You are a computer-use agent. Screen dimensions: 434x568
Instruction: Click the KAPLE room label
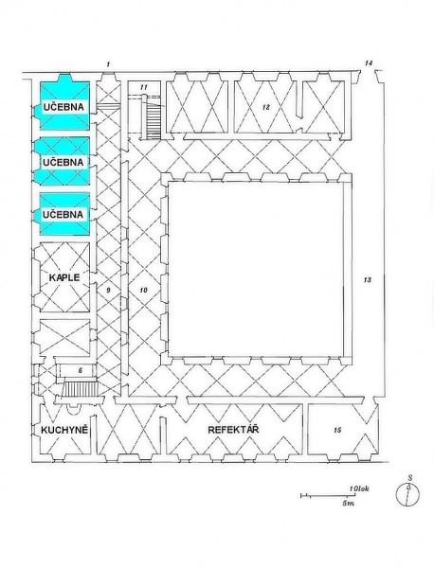click(x=64, y=277)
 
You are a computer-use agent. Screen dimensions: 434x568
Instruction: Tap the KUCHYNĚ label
click(x=64, y=430)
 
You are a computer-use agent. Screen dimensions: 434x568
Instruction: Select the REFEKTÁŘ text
click(x=233, y=430)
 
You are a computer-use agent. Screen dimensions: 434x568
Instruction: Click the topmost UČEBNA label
click(x=63, y=107)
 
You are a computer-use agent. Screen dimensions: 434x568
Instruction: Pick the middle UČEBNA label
click(x=63, y=162)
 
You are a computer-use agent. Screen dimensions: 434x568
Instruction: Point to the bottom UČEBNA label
click(x=63, y=215)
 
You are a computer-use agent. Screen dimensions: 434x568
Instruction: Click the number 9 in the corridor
click(x=108, y=290)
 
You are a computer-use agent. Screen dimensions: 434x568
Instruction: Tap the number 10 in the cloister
click(x=144, y=290)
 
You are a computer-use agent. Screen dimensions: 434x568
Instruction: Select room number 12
click(x=266, y=107)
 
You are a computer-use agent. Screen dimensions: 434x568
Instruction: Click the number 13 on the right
click(x=368, y=279)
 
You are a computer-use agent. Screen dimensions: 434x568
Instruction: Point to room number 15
click(x=337, y=430)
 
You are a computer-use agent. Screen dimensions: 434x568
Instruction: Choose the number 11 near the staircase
click(x=144, y=87)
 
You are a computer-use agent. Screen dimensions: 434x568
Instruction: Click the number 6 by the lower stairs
click(x=81, y=370)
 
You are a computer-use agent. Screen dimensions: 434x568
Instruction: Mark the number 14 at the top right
click(x=369, y=63)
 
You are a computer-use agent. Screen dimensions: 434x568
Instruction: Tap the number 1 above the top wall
click(x=108, y=64)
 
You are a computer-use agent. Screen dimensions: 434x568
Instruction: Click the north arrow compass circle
click(x=407, y=494)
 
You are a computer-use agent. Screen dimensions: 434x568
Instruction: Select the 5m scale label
click(x=348, y=504)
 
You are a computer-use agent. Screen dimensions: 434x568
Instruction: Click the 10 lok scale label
click(x=359, y=488)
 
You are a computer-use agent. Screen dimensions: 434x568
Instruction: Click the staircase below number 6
click(x=80, y=389)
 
